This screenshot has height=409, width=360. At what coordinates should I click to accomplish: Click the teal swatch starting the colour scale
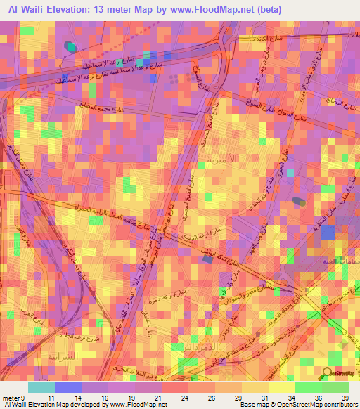tap(41, 387)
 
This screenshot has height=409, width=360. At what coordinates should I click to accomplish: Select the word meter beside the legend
tap(11, 398)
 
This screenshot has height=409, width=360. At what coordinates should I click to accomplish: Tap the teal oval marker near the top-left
tap(70, 47)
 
